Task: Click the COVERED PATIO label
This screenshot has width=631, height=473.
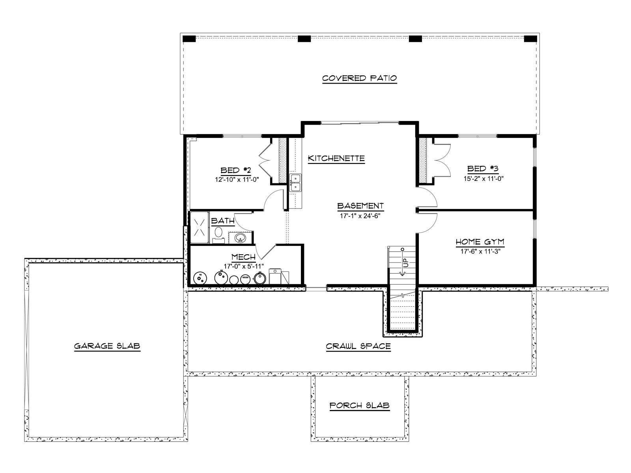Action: [x=359, y=78]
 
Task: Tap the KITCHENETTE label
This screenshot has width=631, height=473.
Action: [x=336, y=158]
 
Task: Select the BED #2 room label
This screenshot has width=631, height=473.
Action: [x=235, y=170]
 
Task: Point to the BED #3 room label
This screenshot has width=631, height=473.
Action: [x=483, y=169]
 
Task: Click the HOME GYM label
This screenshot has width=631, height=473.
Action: [x=480, y=242]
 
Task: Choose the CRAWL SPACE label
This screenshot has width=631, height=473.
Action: [x=358, y=346]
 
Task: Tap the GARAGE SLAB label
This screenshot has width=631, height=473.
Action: [x=107, y=346]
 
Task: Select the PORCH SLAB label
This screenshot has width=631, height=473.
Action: [x=359, y=406]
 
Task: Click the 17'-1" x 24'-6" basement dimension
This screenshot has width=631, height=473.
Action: [x=360, y=216]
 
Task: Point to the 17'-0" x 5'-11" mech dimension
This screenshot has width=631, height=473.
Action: [x=243, y=266]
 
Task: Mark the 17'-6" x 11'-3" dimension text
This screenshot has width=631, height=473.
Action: [x=480, y=251]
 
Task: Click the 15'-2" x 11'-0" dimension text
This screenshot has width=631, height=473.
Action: [x=483, y=178]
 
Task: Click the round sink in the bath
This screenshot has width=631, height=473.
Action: [x=239, y=238]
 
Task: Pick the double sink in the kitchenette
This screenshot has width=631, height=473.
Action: [x=295, y=182]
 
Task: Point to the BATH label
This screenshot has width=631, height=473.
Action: [x=222, y=221]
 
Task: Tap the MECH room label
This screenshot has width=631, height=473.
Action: [x=243, y=257]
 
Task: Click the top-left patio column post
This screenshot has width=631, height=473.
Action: [x=189, y=39]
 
